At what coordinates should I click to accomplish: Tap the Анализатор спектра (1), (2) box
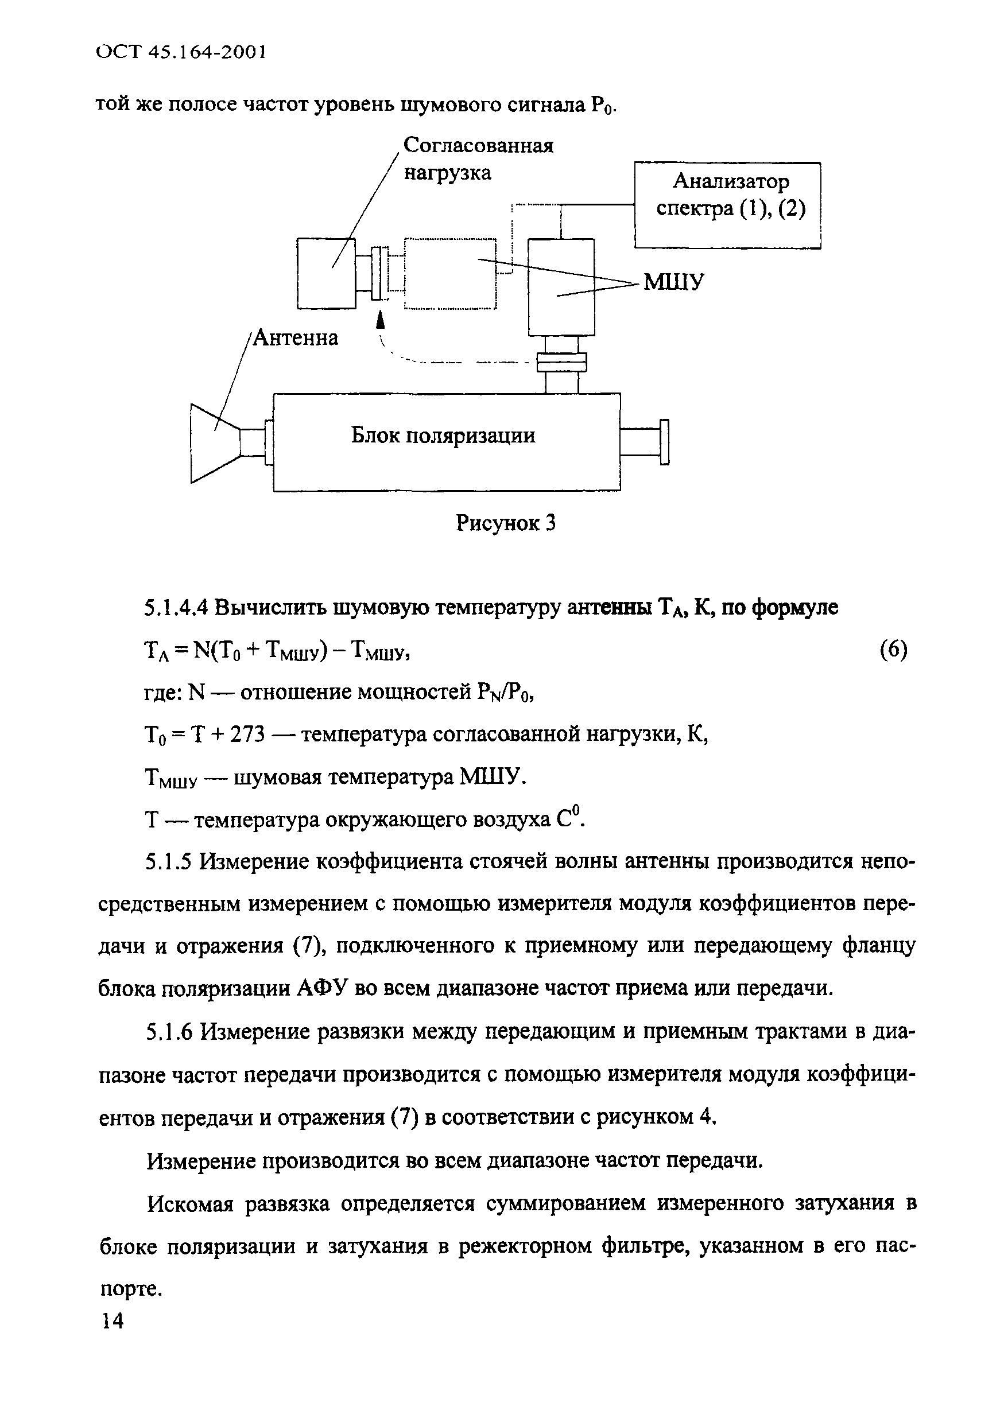tap(727, 205)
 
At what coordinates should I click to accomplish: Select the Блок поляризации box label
tap(443, 436)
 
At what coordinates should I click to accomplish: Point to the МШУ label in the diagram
tap(674, 282)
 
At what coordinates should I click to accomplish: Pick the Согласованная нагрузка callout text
tap(478, 159)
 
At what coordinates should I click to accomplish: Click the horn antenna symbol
tap(214, 443)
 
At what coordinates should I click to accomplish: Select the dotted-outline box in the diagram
tap(450, 273)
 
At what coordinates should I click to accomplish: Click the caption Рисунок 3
tap(505, 523)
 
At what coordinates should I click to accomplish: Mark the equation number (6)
tap(893, 650)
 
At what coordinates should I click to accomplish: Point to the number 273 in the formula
tap(247, 735)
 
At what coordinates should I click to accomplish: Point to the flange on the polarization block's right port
tap(664, 442)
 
